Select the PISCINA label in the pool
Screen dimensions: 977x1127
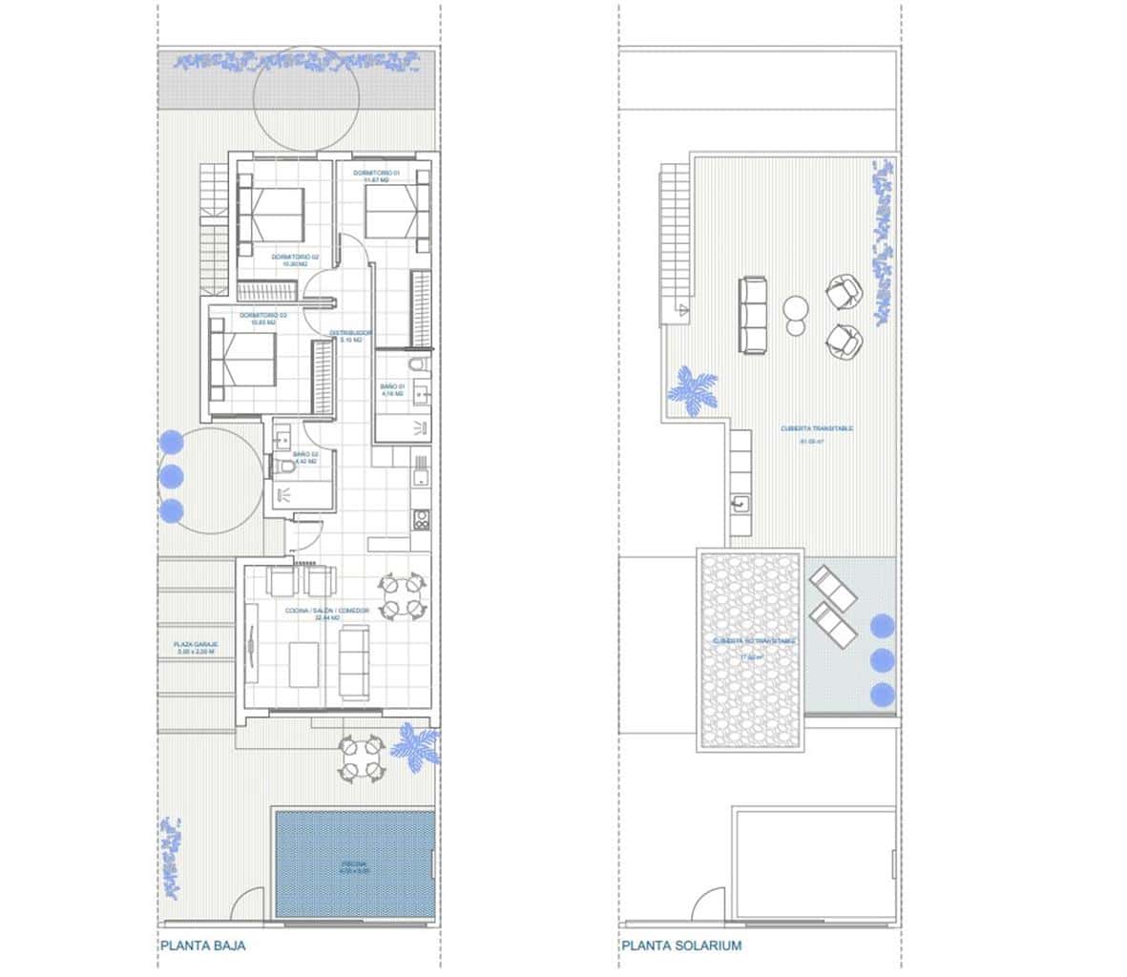pyautogui.click(x=354, y=866)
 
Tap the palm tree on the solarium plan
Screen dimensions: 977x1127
pyautogui.click(x=695, y=390)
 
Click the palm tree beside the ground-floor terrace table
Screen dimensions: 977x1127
pyautogui.click(x=417, y=745)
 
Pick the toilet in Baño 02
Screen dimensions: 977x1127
pyautogui.click(x=286, y=467)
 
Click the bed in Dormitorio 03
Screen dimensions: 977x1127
pyautogui.click(x=245, y=360)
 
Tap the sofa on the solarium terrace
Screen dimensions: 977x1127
pyautogui.click(x=753, y=314)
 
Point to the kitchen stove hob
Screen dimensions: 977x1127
pyautogui.click(x=420, y=519)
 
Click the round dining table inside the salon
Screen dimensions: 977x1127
pyautogui.click(x=401, y=595)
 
